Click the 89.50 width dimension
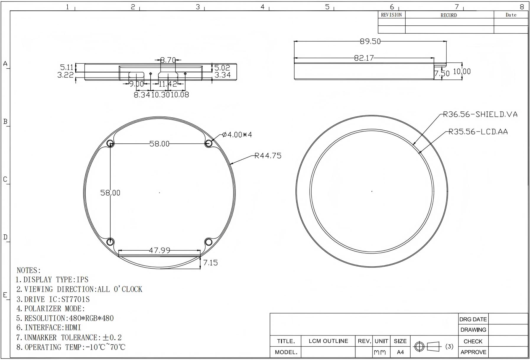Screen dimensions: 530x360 (x=370, y=41)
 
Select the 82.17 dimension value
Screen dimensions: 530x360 (x=364, y=58)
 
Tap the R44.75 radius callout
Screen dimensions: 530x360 (x=268, y=156)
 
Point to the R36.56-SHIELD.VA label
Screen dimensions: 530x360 (x=480, y=114)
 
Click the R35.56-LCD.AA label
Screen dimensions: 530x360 (x=478, y=132)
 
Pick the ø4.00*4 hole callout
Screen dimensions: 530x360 (x=237, y=135)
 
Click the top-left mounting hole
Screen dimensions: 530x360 (x=110, y=144)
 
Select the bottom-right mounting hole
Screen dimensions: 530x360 (x=209, y=242)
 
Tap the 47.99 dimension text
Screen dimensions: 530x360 (x=160, y=250)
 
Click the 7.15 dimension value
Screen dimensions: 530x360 (x=210, y=263)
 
